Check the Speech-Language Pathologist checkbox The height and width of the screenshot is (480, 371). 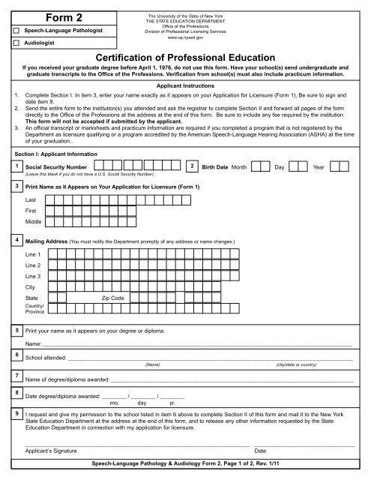pyautogui.click(x=17, y=30)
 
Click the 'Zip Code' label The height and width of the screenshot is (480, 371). pyautogui.click(x=113, y=298)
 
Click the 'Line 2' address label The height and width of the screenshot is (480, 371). pyautogui.click(x=33, y=265)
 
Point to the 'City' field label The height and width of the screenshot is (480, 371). pyautogui.click(x=30, y=286)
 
